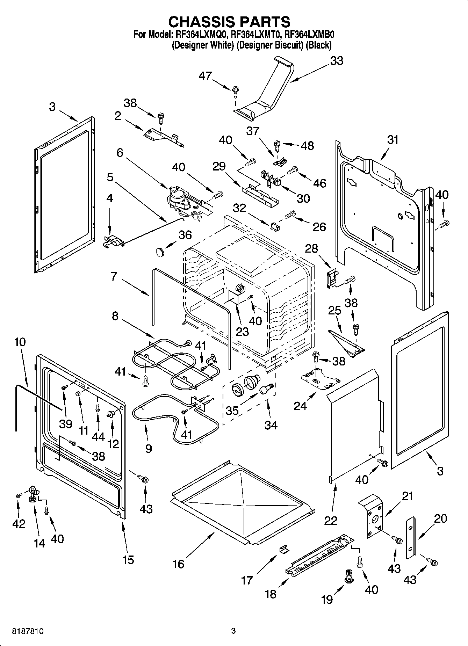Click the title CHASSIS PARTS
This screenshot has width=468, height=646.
pyautogui.click(x=229, y=22)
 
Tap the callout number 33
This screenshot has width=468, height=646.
pyautogui.click(x=337, y=60)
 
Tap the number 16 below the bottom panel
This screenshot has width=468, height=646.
pyautogui.click(x=178, y=564)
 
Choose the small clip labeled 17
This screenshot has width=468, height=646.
pyautogui.click(x=284, y=550)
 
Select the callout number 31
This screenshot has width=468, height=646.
pyautogui.click(x=393, y=140)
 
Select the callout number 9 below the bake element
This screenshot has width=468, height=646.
pyautogui.click(x=148, y=449)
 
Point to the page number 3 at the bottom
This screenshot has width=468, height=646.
pyautogui.click(x=233, y=631)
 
